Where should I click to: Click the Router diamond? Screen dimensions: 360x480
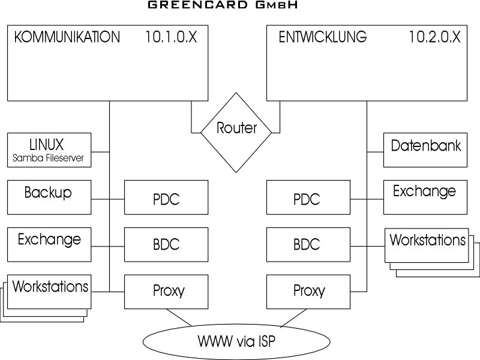tap(236, 127)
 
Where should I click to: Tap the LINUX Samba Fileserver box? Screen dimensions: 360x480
tap(49, 151)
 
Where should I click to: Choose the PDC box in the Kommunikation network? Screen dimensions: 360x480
tap(166, 197)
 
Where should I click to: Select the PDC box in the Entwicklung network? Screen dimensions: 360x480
tap(307, 197)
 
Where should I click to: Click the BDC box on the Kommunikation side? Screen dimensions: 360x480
tap(166, 244)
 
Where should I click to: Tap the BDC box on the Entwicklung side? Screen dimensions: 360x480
tap(307, 244)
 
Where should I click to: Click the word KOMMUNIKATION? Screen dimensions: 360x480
tap(67, 37)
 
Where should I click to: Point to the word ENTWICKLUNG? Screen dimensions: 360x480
tap(323, 37)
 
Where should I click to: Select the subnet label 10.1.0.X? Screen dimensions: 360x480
tap(171, 37)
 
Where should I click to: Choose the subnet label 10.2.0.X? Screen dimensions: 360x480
tap(435, 37)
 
